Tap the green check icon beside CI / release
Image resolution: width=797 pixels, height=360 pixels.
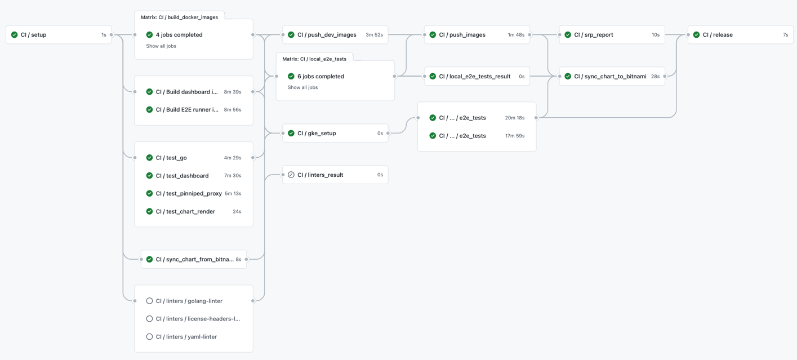click(696, 35)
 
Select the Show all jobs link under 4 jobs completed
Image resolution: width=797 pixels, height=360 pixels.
click(161, 46)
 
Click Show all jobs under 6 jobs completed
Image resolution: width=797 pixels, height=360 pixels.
click(302, 87)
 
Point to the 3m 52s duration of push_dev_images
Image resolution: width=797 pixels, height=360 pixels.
click(374, 35)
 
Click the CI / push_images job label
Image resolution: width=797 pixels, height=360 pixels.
click(462, 35)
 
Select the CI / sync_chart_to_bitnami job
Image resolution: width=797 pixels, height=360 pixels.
click(610, 76)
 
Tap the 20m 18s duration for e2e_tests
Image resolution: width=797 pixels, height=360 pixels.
click(514, 118)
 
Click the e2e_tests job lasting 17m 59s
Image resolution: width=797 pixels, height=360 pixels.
click(462, 136)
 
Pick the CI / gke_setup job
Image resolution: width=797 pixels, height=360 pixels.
click(317, 134)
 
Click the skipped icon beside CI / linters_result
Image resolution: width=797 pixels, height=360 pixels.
click(291, 175)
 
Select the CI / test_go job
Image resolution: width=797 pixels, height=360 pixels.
click(171, 158)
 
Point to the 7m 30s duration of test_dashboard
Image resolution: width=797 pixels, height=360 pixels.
click(232, 176)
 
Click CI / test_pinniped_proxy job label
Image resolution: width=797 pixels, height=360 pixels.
click(189, 193)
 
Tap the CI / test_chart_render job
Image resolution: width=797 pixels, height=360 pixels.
click(185, 211)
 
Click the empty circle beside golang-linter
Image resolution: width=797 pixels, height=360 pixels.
click(149, 301)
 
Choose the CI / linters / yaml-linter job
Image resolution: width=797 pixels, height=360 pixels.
click(186, 337)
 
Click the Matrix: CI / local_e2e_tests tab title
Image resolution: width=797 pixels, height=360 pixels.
click(314, 59)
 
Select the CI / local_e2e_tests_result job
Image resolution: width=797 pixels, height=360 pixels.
click(474, 76)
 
